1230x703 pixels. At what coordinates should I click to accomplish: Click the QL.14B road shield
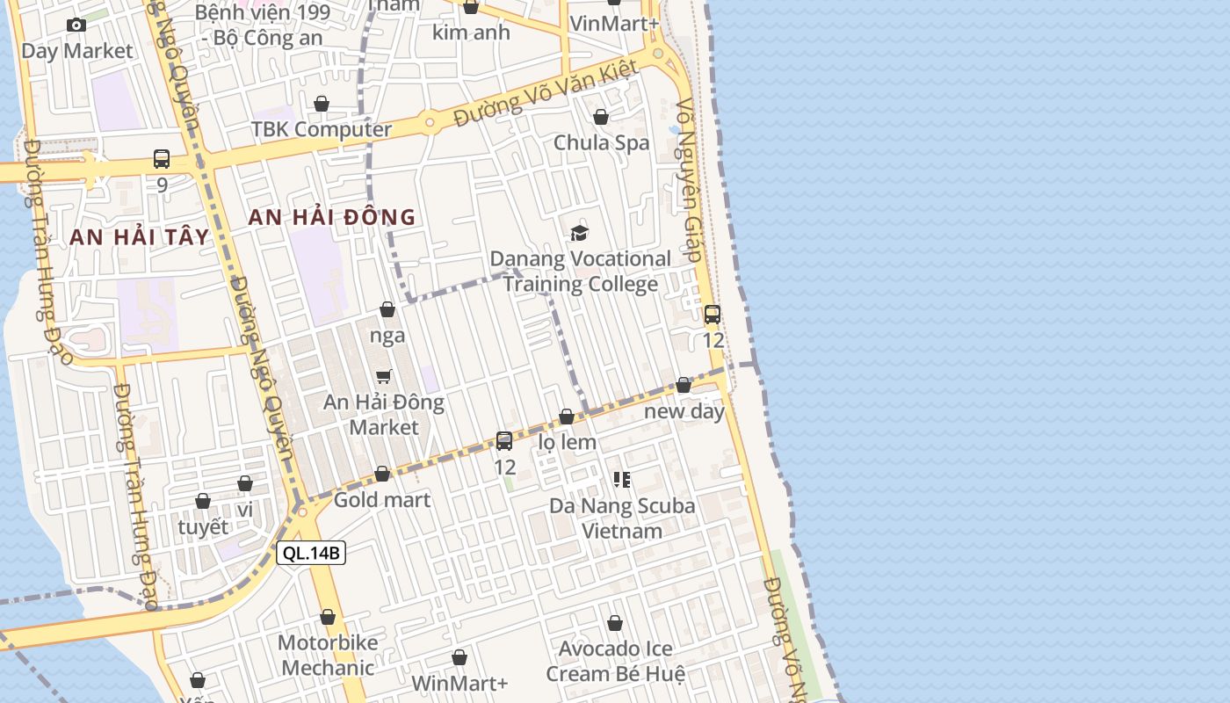311,553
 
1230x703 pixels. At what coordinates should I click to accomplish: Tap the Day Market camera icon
76,25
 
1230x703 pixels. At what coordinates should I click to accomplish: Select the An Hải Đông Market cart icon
383,376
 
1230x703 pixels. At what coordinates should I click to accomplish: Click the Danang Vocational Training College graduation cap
579,233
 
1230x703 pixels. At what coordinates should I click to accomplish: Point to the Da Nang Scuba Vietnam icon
622,480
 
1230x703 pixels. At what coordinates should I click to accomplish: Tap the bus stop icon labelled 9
162,159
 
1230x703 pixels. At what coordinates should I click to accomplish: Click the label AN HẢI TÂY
140,236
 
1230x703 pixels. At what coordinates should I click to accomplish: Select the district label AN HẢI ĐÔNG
331,217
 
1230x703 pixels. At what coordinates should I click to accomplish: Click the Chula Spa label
601,142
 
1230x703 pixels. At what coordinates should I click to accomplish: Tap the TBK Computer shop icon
322,104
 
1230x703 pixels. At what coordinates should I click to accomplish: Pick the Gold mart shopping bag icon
382,475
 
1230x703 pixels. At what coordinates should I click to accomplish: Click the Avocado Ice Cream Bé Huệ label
615,661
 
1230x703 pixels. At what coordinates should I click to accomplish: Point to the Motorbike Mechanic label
328,655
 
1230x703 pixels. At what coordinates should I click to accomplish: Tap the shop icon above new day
684,385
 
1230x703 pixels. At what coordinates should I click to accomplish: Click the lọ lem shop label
567,442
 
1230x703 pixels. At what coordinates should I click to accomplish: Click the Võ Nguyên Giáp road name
688,180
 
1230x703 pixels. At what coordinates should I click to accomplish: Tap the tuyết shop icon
203,501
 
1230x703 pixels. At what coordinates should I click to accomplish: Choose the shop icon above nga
387,309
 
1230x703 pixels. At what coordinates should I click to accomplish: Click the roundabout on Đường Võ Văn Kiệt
430,122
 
